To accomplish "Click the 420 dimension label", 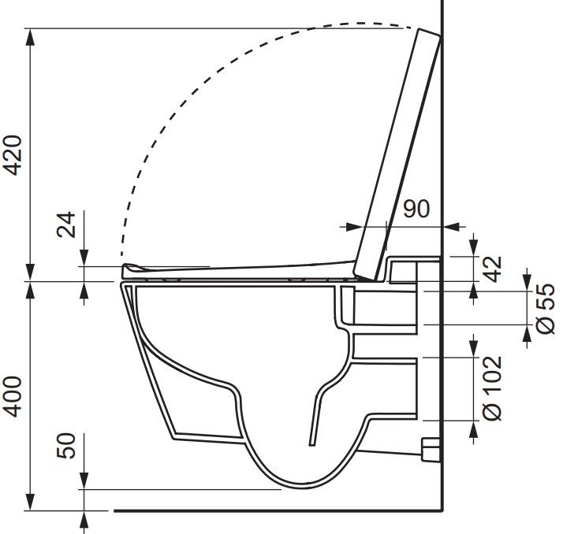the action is pyautogui.click(x=14, y=155).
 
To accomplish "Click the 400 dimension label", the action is pyautogui.click(x=14, y=396).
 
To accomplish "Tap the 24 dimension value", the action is pyautogui.click(x=67, y=224).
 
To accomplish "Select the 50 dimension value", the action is pyautogui.click(x=67, y=446).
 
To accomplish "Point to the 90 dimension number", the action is pyautogui.click(x=416, y=209).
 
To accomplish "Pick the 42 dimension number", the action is pyautogui.click(x=493, y=269).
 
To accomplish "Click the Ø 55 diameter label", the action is pyautogui.click(x=546, y=310).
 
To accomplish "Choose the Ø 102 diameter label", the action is pyautogui.click(x=493, y=388).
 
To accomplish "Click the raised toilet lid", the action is pyautogui.click(x=398, y=154).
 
